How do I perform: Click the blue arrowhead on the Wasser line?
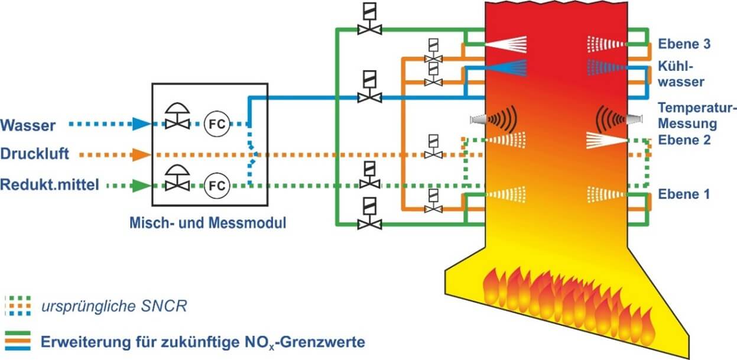pyautogui.click(x=140, y=124)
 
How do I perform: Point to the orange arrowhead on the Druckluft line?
pyautogui.click(x=140, y=155)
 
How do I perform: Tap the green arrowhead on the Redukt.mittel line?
pyautogui.click(x=140, y=186)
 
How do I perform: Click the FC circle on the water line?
pyautogui.click(x=216, y=124)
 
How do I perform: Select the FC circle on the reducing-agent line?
pyautogui.click(x=216, y=186)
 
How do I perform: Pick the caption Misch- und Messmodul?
pyautogui.click(x=207, y=223)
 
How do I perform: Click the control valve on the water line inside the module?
pyautogui.click(x=175, y=118)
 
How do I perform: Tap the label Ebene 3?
pyautogui.click(x=684, y=44)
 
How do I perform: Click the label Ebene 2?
pyautogui.click(x=684, y=140)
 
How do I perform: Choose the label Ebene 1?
pyautogui.click(x=684, y=194)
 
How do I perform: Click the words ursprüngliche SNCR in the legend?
pyautogui.click(x=115, y=306)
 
